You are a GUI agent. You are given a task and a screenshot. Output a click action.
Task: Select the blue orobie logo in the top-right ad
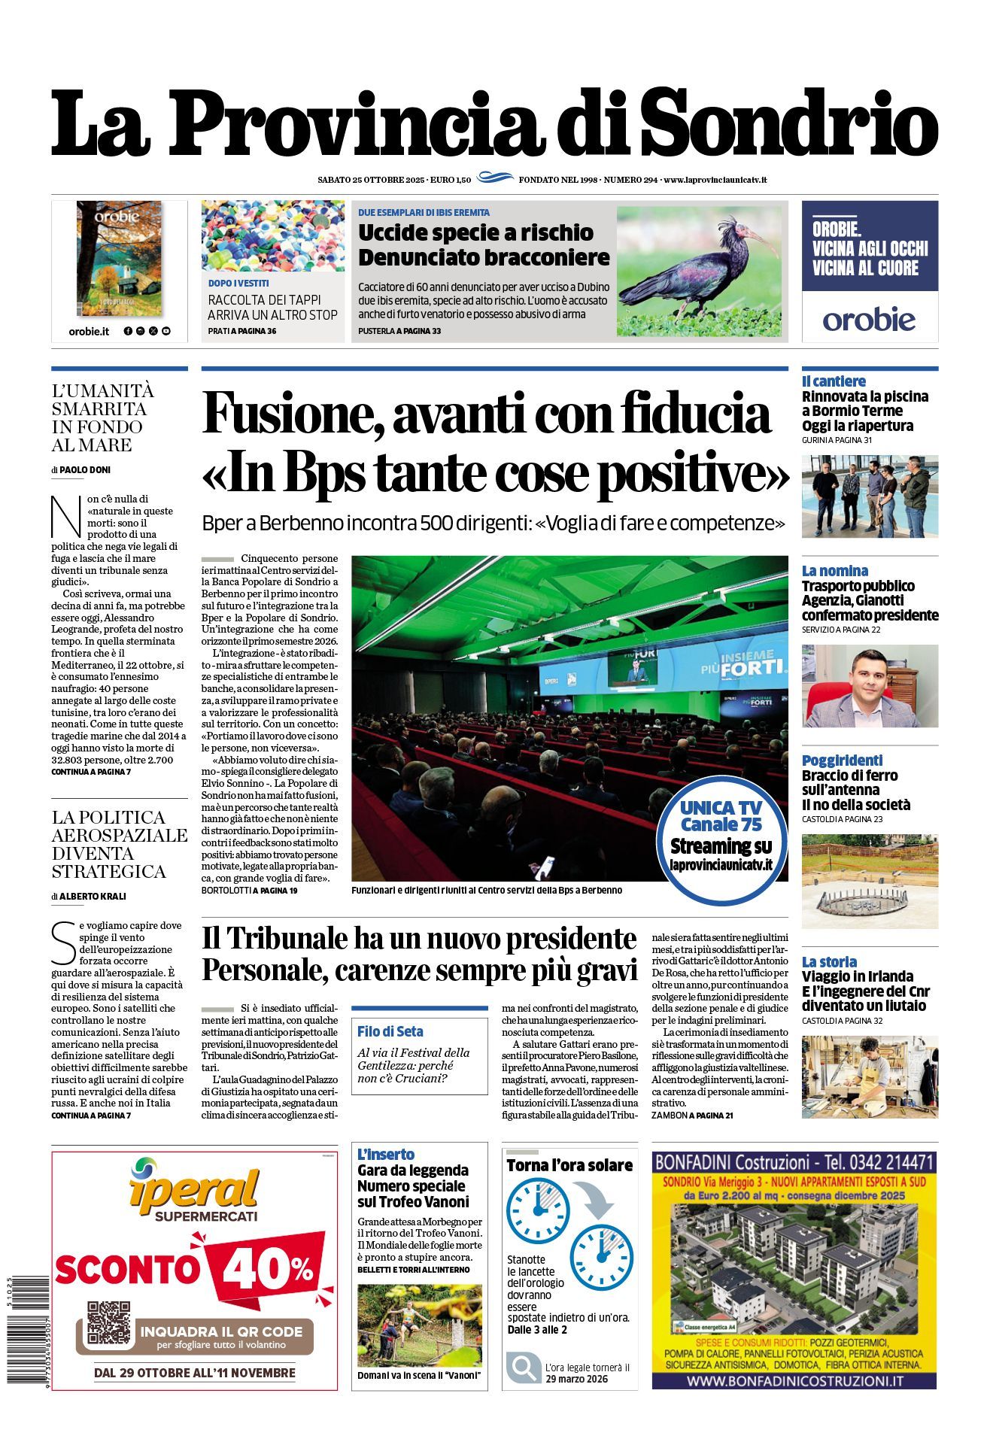pos(869,319)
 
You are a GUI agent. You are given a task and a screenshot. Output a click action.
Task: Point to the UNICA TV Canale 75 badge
pos(721,836)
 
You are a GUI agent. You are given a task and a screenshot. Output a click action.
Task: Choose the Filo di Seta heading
pos(390,1031)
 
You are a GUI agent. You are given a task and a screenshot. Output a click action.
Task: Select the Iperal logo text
pos(194,1189)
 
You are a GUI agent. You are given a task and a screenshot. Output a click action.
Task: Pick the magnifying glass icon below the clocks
pos(521,1368)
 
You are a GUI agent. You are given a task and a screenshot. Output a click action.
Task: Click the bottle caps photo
pos(272,236)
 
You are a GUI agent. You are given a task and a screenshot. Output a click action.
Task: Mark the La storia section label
pos(829,961)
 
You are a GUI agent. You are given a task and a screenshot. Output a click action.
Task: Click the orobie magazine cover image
pos(119,258)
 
